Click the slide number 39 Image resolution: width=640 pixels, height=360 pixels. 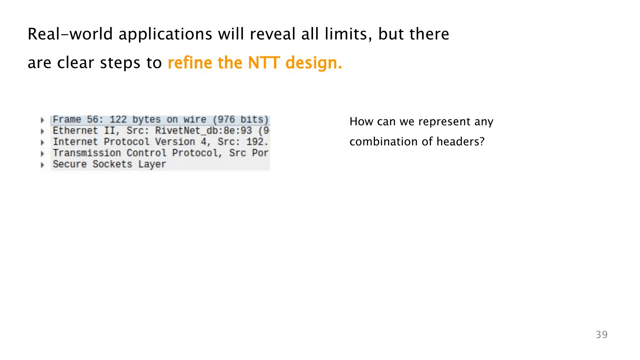pyautogui.click(x=602, y=334)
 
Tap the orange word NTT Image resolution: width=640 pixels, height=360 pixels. pyautogui.click(x=264, y=63)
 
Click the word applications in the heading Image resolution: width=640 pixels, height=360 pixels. pyautogui.click(x=165, y=35)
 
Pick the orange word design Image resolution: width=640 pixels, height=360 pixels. pyautogui.click(x=314, y=63)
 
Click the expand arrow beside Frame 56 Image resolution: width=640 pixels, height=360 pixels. pyautogui.click(x=42, y=120)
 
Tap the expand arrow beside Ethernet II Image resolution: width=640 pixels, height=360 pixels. pyautogui.click(x=42, y=131)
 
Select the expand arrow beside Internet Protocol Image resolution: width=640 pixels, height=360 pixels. pyautogui.click(x=42, y=142)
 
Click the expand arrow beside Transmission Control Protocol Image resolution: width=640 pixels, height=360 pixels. pyautogui.click(x=42, y=154)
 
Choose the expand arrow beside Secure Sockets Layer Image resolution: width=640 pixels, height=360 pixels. pyautogui.click(x=42, y=165)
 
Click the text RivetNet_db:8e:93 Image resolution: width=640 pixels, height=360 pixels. pyautogui.click(x=204, y=131)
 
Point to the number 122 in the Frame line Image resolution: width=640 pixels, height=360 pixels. pyautogui.click(x=118, y=119)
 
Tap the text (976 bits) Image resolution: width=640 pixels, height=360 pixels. pyautogui.click(x=241, y=119)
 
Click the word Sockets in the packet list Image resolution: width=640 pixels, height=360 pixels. pyautogui.click(x=112, y=164)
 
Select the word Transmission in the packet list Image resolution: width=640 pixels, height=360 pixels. pyautogui.click(x=87, y=153)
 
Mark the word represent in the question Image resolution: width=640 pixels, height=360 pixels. pyautogui.click(x=444, y=122)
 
